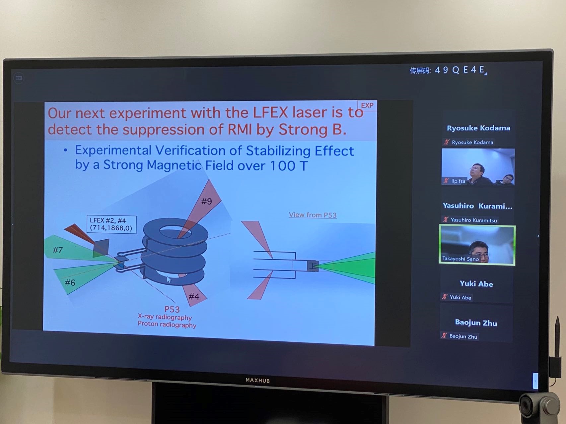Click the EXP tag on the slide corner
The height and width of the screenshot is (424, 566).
pos(367,105)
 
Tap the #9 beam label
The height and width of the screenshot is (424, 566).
pos(206,201)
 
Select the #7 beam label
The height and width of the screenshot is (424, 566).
pos(58,250)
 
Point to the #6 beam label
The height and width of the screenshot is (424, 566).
pos(70,282)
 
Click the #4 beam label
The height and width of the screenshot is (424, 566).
pos(194,296)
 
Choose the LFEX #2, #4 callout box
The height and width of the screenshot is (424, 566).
pos(111,224)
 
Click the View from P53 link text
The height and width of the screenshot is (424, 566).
pos(313,215)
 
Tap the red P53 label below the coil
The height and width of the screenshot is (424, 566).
pos(172,309)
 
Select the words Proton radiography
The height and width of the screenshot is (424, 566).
pos(167,325)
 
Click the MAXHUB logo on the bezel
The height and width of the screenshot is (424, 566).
pos(258,380)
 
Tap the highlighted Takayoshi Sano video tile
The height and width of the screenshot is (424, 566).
pos(477,245)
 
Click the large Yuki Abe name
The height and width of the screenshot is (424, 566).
pos(476,284)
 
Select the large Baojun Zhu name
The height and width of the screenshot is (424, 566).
pos(476,323)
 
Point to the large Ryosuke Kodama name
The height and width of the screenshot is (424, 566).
pos(478,128)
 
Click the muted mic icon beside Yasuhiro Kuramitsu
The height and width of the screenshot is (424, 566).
pos(446,219)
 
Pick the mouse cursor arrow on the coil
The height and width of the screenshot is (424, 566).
pos(169,279)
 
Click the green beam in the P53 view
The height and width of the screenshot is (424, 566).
pos(348,267)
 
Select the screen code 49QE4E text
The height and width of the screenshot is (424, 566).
pos(460,70)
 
